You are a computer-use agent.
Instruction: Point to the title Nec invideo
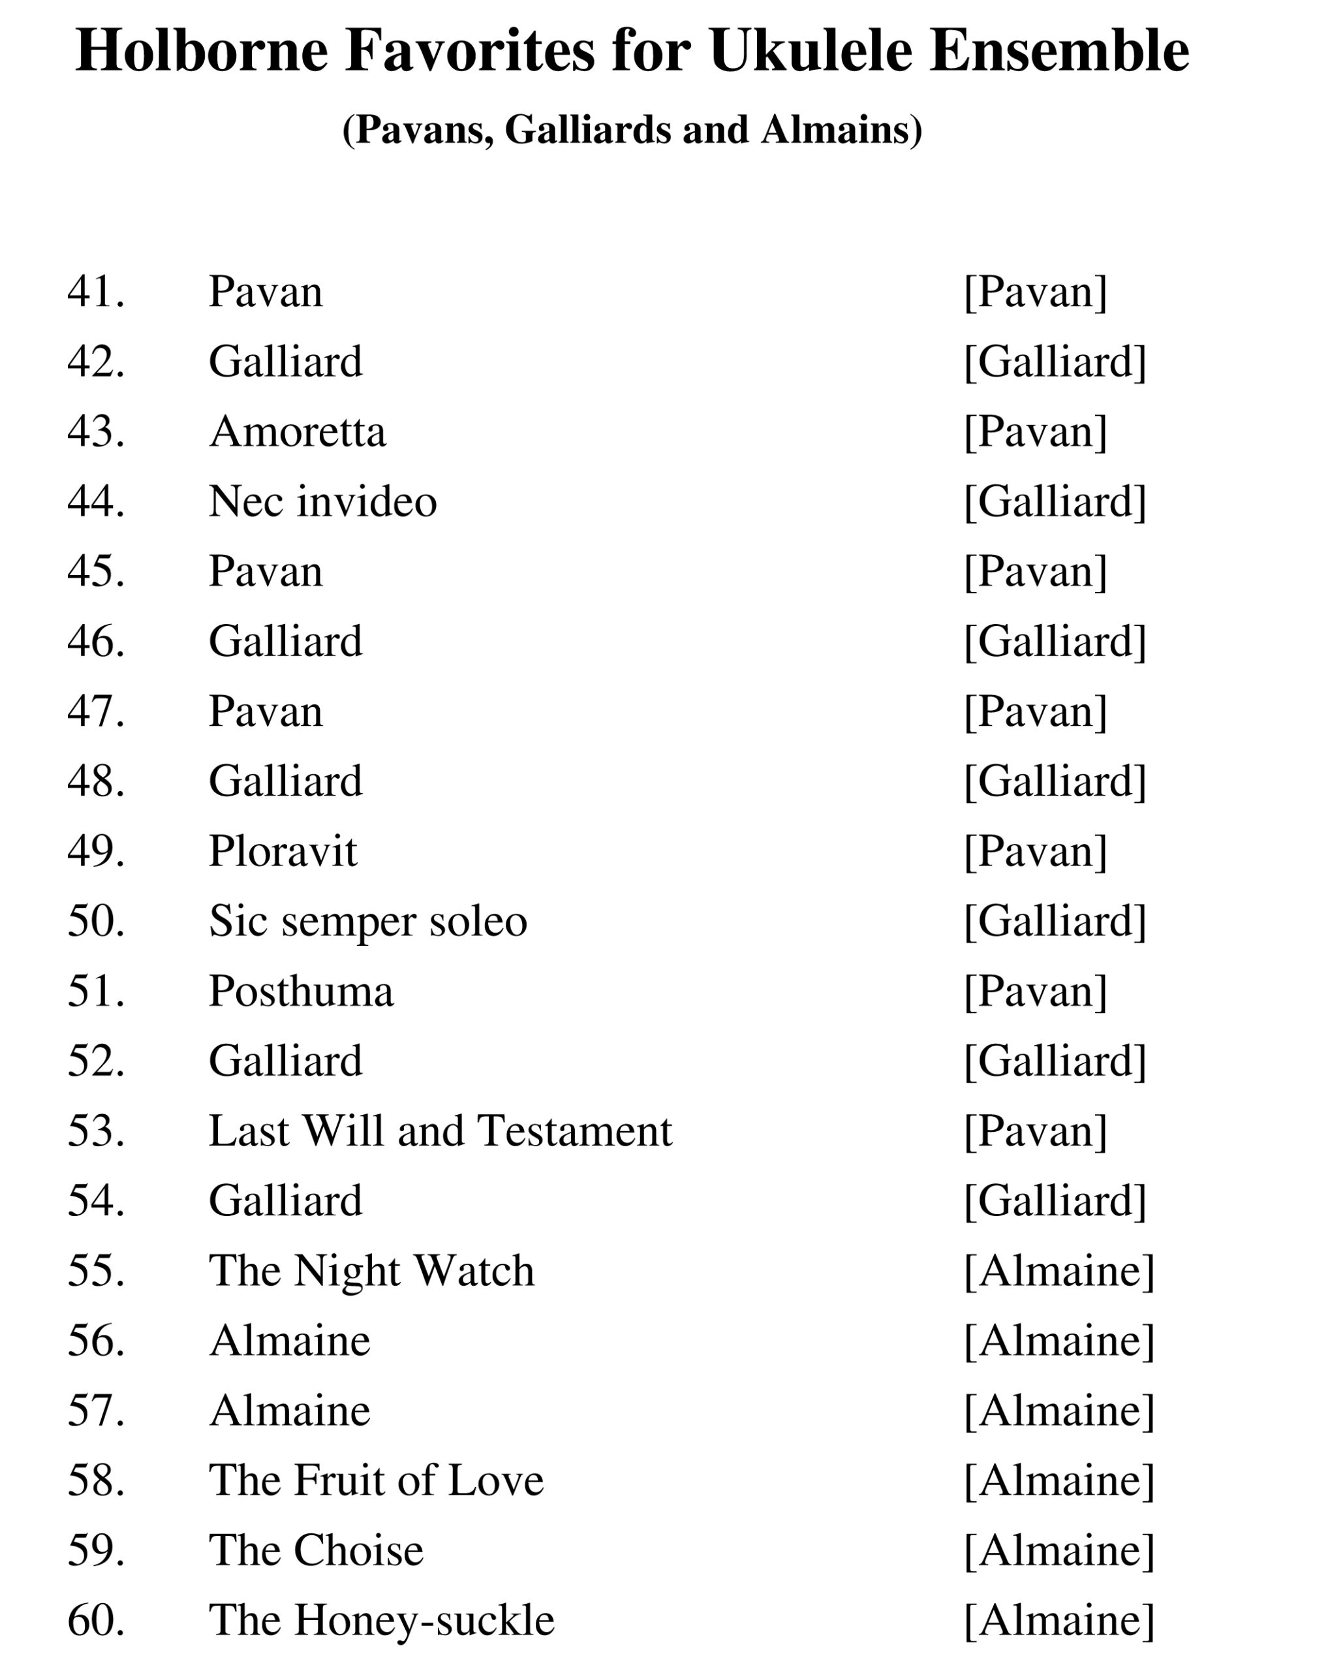coord(322,501)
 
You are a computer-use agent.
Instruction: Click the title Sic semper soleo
coord(367,921)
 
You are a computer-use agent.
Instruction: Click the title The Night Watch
coord(371,1270)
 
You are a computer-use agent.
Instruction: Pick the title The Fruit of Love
coord(376,1480)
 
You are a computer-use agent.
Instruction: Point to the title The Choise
coord(317,1550)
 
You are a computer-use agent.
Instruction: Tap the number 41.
coord(95,292)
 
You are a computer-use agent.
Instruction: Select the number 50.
coord(95,921)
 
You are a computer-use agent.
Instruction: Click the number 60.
coord(95,1620)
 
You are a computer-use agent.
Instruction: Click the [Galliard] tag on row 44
coord(1055,501)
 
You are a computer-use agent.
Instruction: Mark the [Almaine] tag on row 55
coord(1059,1270)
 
